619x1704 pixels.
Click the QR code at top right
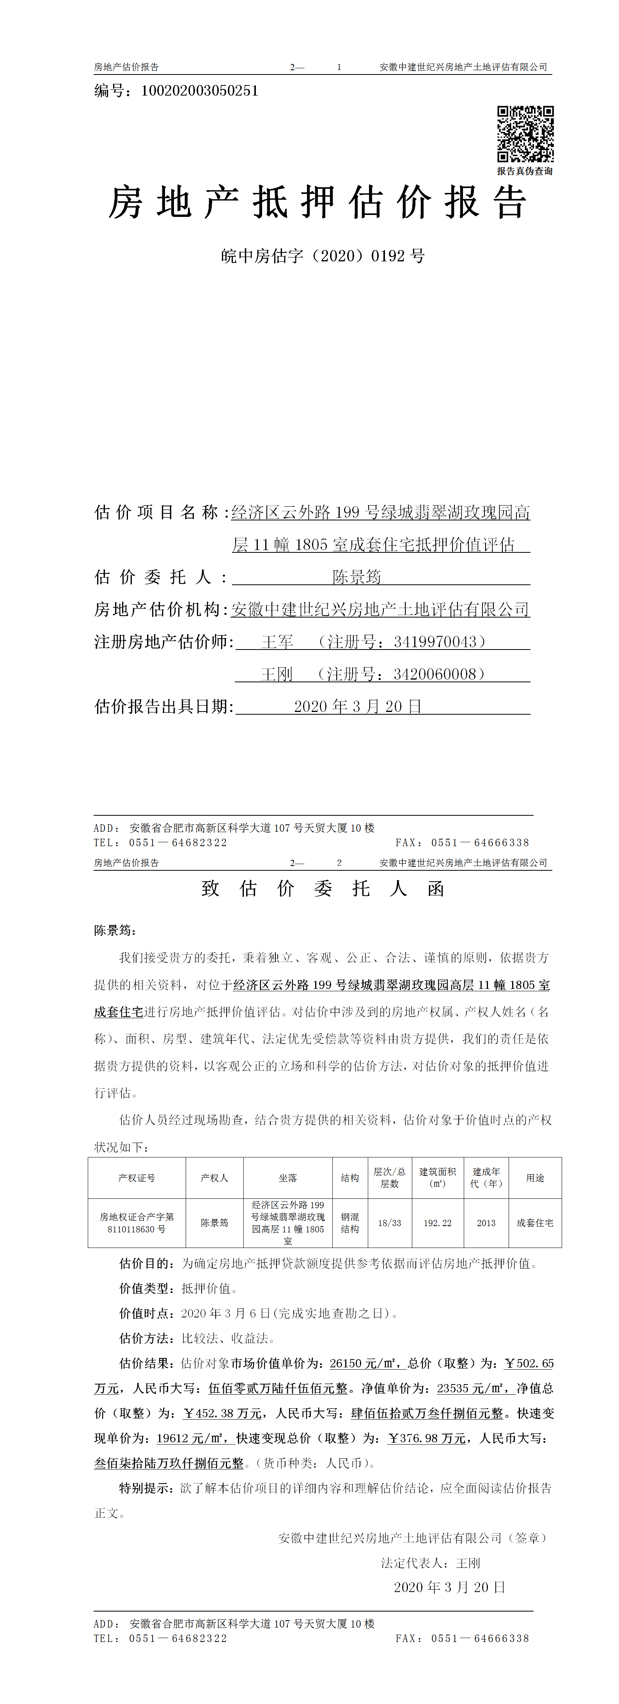pyautogui.click(x=525, y=134)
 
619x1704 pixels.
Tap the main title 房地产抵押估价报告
pyautogui.click(x=317, y=202)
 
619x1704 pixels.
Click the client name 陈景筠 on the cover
pyautogui.click(x=357, y=577)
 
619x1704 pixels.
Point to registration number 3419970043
pyautogui.click(x=435, y=642)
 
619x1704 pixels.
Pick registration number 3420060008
pyautogui.click(x=435, y=674)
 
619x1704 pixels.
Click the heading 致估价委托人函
pyautogui.click(x=323, y=888)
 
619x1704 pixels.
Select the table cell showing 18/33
pyautogui.click(x=390, y=1223)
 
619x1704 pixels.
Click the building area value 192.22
pyautogui.click(x=438, y=1223)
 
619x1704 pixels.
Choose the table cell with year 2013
pyautogui.click(x=486, y=1223)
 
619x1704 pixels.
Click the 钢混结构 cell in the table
pyautogui.click(x=350, y=1223)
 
